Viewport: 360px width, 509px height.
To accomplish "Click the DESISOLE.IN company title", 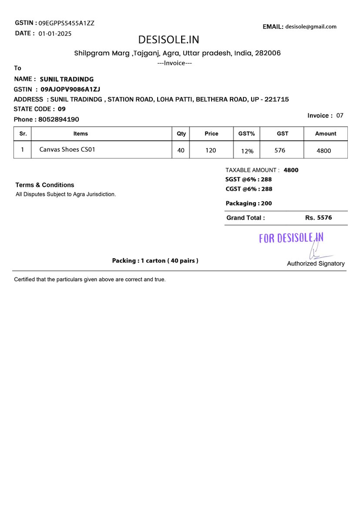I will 168,40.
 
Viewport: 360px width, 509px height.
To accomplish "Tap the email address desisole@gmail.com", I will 311,27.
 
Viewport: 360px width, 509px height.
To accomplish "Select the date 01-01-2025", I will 55,34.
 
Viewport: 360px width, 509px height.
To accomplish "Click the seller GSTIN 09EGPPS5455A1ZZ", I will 66,23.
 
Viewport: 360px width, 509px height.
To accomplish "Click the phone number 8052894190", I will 59,119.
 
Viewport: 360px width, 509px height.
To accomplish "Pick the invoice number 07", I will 340,115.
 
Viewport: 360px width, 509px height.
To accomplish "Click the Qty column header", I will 181,134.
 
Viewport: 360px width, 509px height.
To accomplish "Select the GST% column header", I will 246,134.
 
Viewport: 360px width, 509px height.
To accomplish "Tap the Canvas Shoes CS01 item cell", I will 67,149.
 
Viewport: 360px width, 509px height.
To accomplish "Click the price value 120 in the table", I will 211,150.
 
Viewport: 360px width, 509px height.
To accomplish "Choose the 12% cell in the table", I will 247,151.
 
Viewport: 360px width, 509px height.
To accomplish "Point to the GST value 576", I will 280,150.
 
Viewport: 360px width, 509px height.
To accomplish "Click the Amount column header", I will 326,134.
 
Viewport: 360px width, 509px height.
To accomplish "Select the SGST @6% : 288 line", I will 249,179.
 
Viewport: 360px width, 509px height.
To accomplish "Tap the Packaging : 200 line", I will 249,203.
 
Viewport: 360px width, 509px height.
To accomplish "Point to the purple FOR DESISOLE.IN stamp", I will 291,238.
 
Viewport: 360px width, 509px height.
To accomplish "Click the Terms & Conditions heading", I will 45,185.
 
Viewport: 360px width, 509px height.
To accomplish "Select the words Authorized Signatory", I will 316,263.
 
